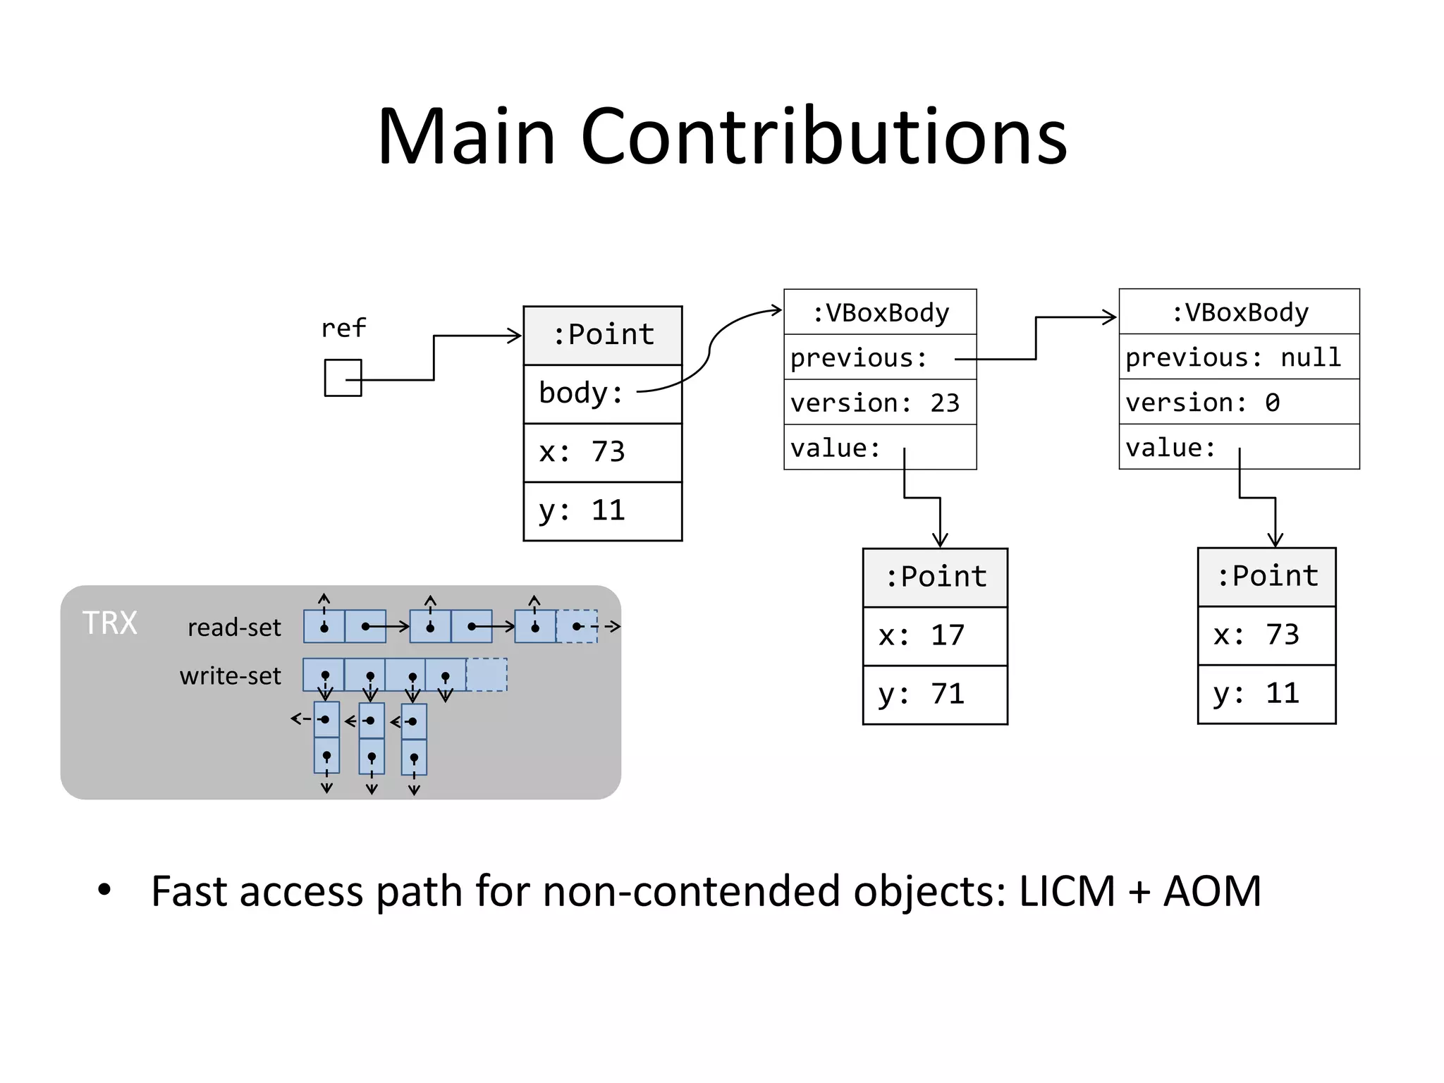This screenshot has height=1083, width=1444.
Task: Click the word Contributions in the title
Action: (824, 135)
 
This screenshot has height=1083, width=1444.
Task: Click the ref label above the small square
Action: (343, 328)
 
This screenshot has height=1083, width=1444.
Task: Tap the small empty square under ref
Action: (343, 378)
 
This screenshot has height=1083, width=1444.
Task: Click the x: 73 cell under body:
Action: (602, 453)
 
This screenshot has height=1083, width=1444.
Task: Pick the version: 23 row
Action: (879, 403)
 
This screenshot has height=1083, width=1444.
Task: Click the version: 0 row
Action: (1238, 402)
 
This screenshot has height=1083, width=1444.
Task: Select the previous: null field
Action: (1238, 357)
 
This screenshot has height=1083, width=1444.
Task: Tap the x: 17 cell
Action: (934, 636)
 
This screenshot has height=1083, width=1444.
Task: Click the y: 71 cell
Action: (934, 695)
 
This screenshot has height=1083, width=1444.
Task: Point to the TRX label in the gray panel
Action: (110, 623)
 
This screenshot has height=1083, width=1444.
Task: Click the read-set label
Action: (234, 628)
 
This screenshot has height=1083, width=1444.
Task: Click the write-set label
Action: (230, 676)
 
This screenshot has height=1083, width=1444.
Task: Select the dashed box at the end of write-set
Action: (487, 675)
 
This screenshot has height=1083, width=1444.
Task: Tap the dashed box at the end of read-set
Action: (577, 627)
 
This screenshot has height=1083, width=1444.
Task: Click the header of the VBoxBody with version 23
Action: (880, 312)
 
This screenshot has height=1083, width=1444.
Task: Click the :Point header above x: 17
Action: (935, 577)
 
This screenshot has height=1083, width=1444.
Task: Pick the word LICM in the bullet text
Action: (1066, 891)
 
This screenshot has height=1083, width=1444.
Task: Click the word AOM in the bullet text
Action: (1212, 891)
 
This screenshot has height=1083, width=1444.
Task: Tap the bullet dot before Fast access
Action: (104, 890)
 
